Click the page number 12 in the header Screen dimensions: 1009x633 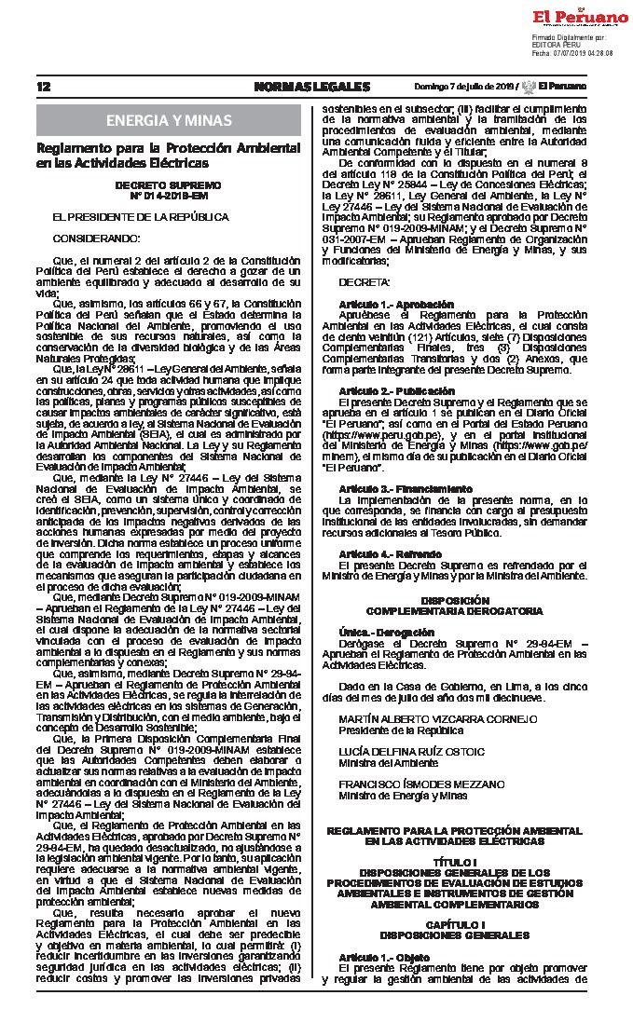point(42,87)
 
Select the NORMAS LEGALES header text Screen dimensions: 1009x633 point(311,87)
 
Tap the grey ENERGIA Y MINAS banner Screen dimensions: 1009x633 point(170,120)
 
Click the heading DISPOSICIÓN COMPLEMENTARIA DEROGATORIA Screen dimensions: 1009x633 point(454,606)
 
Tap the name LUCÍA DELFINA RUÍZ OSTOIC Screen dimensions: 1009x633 point(411,751)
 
